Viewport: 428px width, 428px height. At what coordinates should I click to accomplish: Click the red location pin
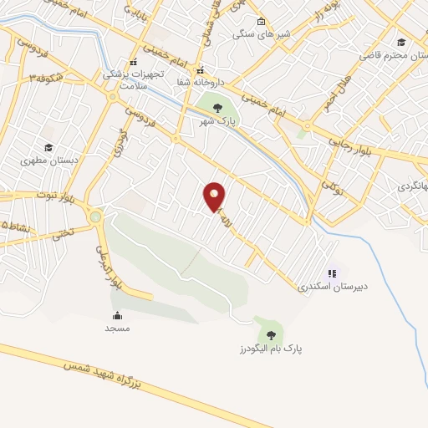(215, 197)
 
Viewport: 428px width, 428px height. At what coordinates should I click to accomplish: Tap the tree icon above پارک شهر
(217, 108)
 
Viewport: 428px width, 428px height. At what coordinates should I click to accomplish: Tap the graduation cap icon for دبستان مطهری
(49, 147)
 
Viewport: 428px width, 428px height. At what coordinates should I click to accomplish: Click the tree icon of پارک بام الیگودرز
(269, 334)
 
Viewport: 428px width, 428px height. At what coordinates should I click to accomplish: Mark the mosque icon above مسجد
(117, 315)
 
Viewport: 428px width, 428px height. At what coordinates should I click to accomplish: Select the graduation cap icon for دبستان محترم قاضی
(401, 43)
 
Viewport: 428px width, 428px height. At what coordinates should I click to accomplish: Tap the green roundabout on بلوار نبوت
(95, 217)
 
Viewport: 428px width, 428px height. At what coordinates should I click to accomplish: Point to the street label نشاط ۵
(14, 226)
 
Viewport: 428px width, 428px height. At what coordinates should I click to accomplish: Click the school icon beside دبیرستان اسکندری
(333, 273)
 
